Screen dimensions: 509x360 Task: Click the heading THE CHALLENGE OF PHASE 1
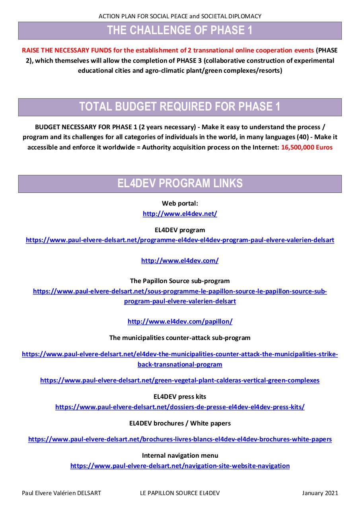point(180,31)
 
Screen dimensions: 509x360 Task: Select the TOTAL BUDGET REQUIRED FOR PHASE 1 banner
point(180,107)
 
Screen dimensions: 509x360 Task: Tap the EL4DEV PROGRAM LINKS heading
point(180,184)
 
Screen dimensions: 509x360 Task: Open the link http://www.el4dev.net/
point(180,214)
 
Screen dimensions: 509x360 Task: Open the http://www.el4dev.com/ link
point(180,261)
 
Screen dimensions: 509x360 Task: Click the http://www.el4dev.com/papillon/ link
point(180,321)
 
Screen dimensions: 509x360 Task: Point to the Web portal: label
point(180,203)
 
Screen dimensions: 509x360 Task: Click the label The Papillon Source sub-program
point(180,281)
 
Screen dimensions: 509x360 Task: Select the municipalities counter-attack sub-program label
point(180,338)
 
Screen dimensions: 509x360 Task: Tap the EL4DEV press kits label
point(180,396)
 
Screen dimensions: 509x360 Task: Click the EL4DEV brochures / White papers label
point(180,423)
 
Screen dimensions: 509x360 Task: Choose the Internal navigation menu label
point(180,455)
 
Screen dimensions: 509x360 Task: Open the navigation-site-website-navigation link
point(180,466)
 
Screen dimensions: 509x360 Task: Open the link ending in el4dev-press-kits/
point(180,407)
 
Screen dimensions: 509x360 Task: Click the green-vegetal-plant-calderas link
point(180,381)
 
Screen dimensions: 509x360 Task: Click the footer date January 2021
point(320,493)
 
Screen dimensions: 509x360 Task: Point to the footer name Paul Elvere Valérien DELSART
point(61,493)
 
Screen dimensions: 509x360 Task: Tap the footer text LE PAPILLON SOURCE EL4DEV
point(180,493)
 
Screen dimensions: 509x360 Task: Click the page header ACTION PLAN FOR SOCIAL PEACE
point(180,16)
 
